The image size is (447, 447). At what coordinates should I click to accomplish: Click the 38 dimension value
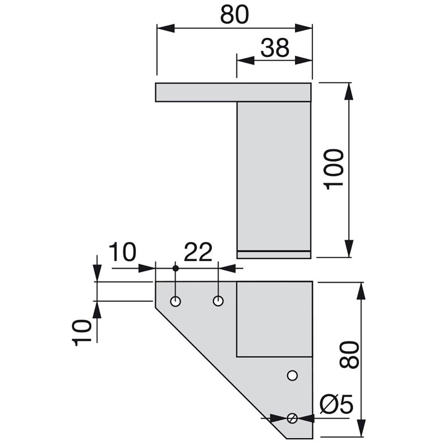click(x=274, y=48)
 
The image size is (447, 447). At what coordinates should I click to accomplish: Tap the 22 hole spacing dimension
click(x=198, y=253)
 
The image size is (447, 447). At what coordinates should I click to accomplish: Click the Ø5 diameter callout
click(x=336, y=404)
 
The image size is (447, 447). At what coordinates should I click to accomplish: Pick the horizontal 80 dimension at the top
click(x=234, y=15)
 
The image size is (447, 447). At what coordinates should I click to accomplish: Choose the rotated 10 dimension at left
click(x=83, y=332)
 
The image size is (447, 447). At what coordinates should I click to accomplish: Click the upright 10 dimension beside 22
click(x=122, y=253)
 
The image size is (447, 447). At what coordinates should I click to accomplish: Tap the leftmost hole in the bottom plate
click(x=175, y=302)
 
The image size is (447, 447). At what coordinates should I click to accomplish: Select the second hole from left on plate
click(x=218, y=301)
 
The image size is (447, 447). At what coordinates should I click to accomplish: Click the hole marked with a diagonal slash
click(x=292, y=418)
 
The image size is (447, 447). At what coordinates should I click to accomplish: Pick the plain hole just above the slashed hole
click(x=292, y=375)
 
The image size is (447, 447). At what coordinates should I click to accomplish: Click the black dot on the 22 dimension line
click(x=175, y=269)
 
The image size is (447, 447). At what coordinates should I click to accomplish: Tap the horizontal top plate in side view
click(x=232, y=93)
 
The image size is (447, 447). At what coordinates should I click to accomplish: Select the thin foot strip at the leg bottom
click(x=273, y=255)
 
